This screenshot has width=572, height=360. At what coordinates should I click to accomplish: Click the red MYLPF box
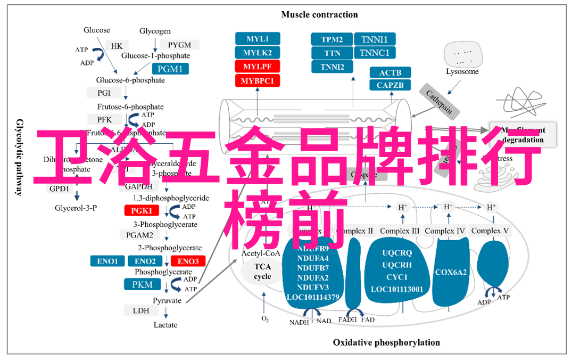coord(258,67)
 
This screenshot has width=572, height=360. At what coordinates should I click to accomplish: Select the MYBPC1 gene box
coord(258,81)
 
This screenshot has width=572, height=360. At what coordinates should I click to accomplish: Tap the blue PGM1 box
coord(170,69)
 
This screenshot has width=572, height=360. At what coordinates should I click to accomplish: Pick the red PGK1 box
coord(142,210)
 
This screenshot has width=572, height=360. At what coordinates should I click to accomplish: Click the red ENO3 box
coord(188,261)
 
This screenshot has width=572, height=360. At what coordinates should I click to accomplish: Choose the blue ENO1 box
coord(107,261)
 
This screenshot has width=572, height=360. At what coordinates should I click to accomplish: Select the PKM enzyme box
coord(143,284)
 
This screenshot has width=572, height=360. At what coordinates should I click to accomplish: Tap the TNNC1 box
coord(375,53)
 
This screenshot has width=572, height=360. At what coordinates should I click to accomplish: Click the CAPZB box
coord(390,85)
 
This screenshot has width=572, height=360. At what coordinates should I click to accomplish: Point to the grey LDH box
coord(141,310)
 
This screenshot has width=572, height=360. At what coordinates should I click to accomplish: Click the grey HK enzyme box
coord(117,46)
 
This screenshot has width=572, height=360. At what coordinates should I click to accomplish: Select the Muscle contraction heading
coord(319,14)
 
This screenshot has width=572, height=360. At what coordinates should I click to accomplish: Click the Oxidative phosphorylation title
coord(386,342)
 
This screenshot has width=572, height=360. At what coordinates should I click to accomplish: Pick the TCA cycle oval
coord(262,272)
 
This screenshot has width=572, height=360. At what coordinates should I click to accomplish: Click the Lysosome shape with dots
coord(462,53)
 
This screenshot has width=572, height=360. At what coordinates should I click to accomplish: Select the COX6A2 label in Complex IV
coord(451,272)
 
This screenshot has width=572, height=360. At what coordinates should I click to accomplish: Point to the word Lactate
coord(165,325)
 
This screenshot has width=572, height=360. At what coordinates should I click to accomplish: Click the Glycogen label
coord(155,31)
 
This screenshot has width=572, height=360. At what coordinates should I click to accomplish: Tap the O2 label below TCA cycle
coord(264,319)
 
